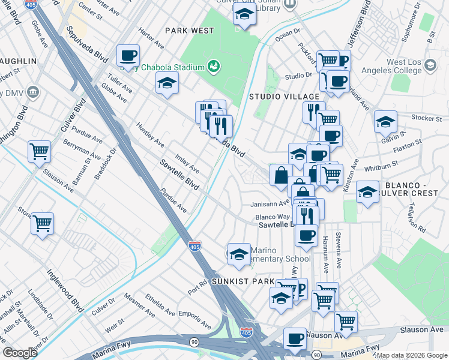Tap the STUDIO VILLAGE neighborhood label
pyautogui.click(x=284, y=97)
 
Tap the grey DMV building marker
pyautogui.click(x=32, y=93)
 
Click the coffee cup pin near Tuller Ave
pyautogui.click(x=128, y=56)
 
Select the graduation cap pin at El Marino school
pyautogui.click(x=239, y=255)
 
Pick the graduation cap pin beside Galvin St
pyautogui.click(x=385, y=122)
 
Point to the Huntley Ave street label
pyautogui.click(x=150, y=135)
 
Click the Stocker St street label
pyautogui.click(x=427, y=118)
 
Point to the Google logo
pyautogui.click(x=20, y=353)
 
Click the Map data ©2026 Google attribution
pyautogui.click(x=412, y=355)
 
